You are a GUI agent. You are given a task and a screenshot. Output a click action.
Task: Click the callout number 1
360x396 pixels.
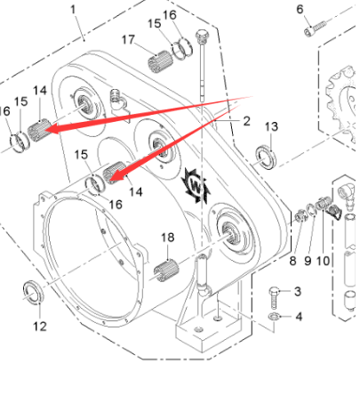[x=73, y=10]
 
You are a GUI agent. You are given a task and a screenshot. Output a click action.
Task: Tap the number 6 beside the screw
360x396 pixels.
[x=300, y=10]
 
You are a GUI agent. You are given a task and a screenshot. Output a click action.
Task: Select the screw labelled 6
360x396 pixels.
[x=315, y=28]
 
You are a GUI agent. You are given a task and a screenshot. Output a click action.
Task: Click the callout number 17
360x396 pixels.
[x=128, y=39]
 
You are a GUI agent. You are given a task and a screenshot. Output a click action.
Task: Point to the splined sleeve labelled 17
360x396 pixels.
[x=160, y=61]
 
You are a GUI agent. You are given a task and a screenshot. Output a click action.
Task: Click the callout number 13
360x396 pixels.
[x=271, y=126]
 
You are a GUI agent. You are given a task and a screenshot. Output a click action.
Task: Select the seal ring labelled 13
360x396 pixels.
[x=266, y=158]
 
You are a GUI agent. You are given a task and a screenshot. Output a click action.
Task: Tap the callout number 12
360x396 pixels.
[x=40, y=327]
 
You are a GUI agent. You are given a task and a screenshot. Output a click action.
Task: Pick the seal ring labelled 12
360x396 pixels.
[x=33, y=292]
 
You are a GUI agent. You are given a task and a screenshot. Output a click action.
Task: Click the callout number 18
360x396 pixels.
[x=167, y=238]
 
